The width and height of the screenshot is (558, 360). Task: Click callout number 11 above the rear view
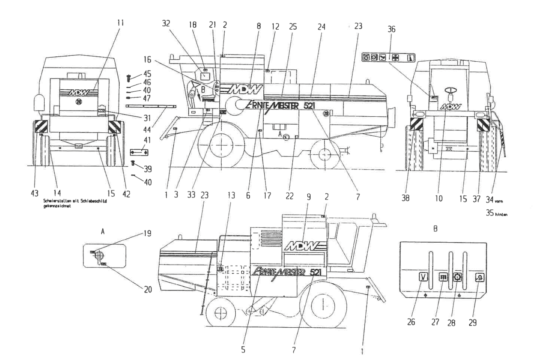coord(121,23)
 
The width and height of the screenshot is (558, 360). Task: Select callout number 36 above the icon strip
coord(391,29)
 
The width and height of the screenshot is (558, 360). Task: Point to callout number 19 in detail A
coord(147,233)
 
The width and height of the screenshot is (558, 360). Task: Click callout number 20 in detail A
coord(148,289)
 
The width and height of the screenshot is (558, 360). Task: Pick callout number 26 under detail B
coord(411,322)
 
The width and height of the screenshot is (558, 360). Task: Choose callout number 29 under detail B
coord(473,322)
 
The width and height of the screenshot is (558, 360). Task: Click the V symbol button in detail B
coord(423,277)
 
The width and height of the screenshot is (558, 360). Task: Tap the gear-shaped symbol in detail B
coord(458,277)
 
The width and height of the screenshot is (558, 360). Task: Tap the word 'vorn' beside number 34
coord(498,201)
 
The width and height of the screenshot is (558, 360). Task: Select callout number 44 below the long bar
coord(147,129)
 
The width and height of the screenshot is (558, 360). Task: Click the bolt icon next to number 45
coord(128,78)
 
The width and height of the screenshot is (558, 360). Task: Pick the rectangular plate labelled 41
coord(139,152)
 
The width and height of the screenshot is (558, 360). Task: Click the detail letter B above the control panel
coord(435,229)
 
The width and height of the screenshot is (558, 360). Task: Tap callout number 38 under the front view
coord(405,198)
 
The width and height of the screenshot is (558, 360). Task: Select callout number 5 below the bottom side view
coord(243,350)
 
